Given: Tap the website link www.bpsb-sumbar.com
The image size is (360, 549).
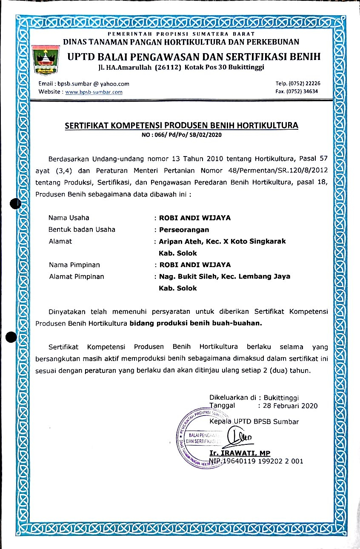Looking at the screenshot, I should [x=94, y=92].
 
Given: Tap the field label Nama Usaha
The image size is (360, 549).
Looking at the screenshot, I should [x=69, y=218].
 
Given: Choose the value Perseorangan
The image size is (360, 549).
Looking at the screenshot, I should [x=184, y=230].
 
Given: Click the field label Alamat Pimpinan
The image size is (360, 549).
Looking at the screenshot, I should [x=76, y=276].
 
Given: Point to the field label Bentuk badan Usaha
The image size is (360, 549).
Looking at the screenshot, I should [x=82, y=230].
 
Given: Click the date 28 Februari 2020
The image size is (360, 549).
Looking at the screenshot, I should [x=291, y=406].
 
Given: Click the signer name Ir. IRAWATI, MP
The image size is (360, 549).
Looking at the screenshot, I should [x=240, y=453].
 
